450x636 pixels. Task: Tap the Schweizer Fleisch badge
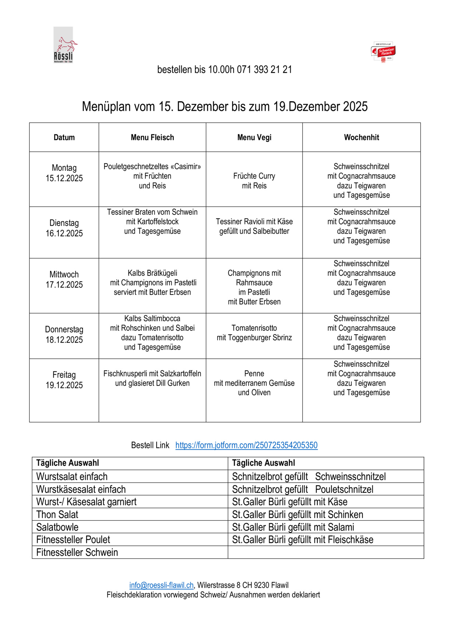tap(383, 52)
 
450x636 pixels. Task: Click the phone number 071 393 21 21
tap(264, 70)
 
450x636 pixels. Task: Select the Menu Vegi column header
tap(254, 138)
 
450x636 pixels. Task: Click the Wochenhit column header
tap(361, 138)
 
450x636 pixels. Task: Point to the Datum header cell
tap(64, 138)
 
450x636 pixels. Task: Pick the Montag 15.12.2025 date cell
tap(64, 173)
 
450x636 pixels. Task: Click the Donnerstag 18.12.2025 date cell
tap(64, 335)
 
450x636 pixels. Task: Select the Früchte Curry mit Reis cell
tap(254, 181)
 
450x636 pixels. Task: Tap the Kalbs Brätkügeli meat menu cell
tap(152, 283)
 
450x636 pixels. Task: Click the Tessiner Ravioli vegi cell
tap(254, 226)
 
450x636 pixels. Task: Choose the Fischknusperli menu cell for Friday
tap(152, 378)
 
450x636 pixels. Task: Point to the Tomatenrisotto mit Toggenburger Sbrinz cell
tap(254, 333)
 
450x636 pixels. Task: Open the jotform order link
tap(246, 445)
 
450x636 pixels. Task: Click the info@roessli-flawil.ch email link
tap(161, 585)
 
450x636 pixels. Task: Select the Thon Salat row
tap(57, 515)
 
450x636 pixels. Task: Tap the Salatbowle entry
tap(57, 527)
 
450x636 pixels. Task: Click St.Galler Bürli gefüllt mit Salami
tap(293, 527)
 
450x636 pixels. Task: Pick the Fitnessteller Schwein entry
tap(77, 552)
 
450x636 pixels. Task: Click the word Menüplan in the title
tap(106, 107)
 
